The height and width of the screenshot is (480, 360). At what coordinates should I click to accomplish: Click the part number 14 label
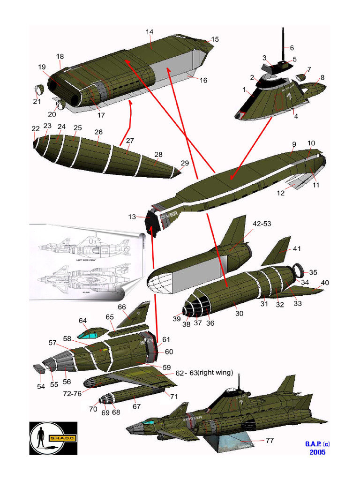point(150,32)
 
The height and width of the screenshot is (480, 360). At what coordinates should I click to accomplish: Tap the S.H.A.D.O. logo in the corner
point(53,438)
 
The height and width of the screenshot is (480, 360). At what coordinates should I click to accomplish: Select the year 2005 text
point(317,452)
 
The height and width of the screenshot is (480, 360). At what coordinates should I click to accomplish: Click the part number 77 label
point(270,441)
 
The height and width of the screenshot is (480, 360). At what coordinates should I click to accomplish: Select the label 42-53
point(262,224)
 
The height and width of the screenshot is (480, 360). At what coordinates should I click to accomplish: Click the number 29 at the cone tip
point(185,163)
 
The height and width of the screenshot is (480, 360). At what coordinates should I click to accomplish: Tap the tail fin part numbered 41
point(276,252)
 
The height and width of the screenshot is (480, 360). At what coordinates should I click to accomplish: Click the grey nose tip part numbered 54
point(39,369)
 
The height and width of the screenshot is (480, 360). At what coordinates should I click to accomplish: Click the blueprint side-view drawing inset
point(84,246)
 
